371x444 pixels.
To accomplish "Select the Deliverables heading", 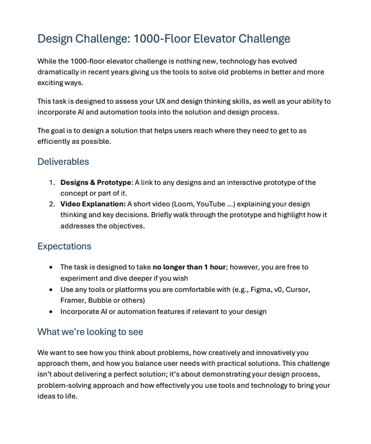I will pyautogui.click(x=63, y=161).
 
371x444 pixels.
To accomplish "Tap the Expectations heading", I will pyautogui.click(x=64, y=246).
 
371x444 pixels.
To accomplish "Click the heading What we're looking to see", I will pyautogui.click(x=90, y=332).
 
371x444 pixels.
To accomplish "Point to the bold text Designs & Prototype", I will pyautogui.click(x=96, y=182).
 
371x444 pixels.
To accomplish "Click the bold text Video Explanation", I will pyautogui.click(x=93, y=204).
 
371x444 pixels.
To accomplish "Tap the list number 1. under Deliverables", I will pyautogui.click(x=52, y=182).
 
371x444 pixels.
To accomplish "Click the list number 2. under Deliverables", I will pyautogui.click(x=52, y=204).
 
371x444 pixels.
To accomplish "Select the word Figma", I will pyautogui.click(x=260, y=289).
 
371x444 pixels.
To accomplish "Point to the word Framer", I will pyautogui.click(x=72, y=300).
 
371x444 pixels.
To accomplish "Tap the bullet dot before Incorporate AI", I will pyautogui.click(x=52, y=311).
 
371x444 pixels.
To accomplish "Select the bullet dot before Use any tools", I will pyautogui.click(x=52, y=289).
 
